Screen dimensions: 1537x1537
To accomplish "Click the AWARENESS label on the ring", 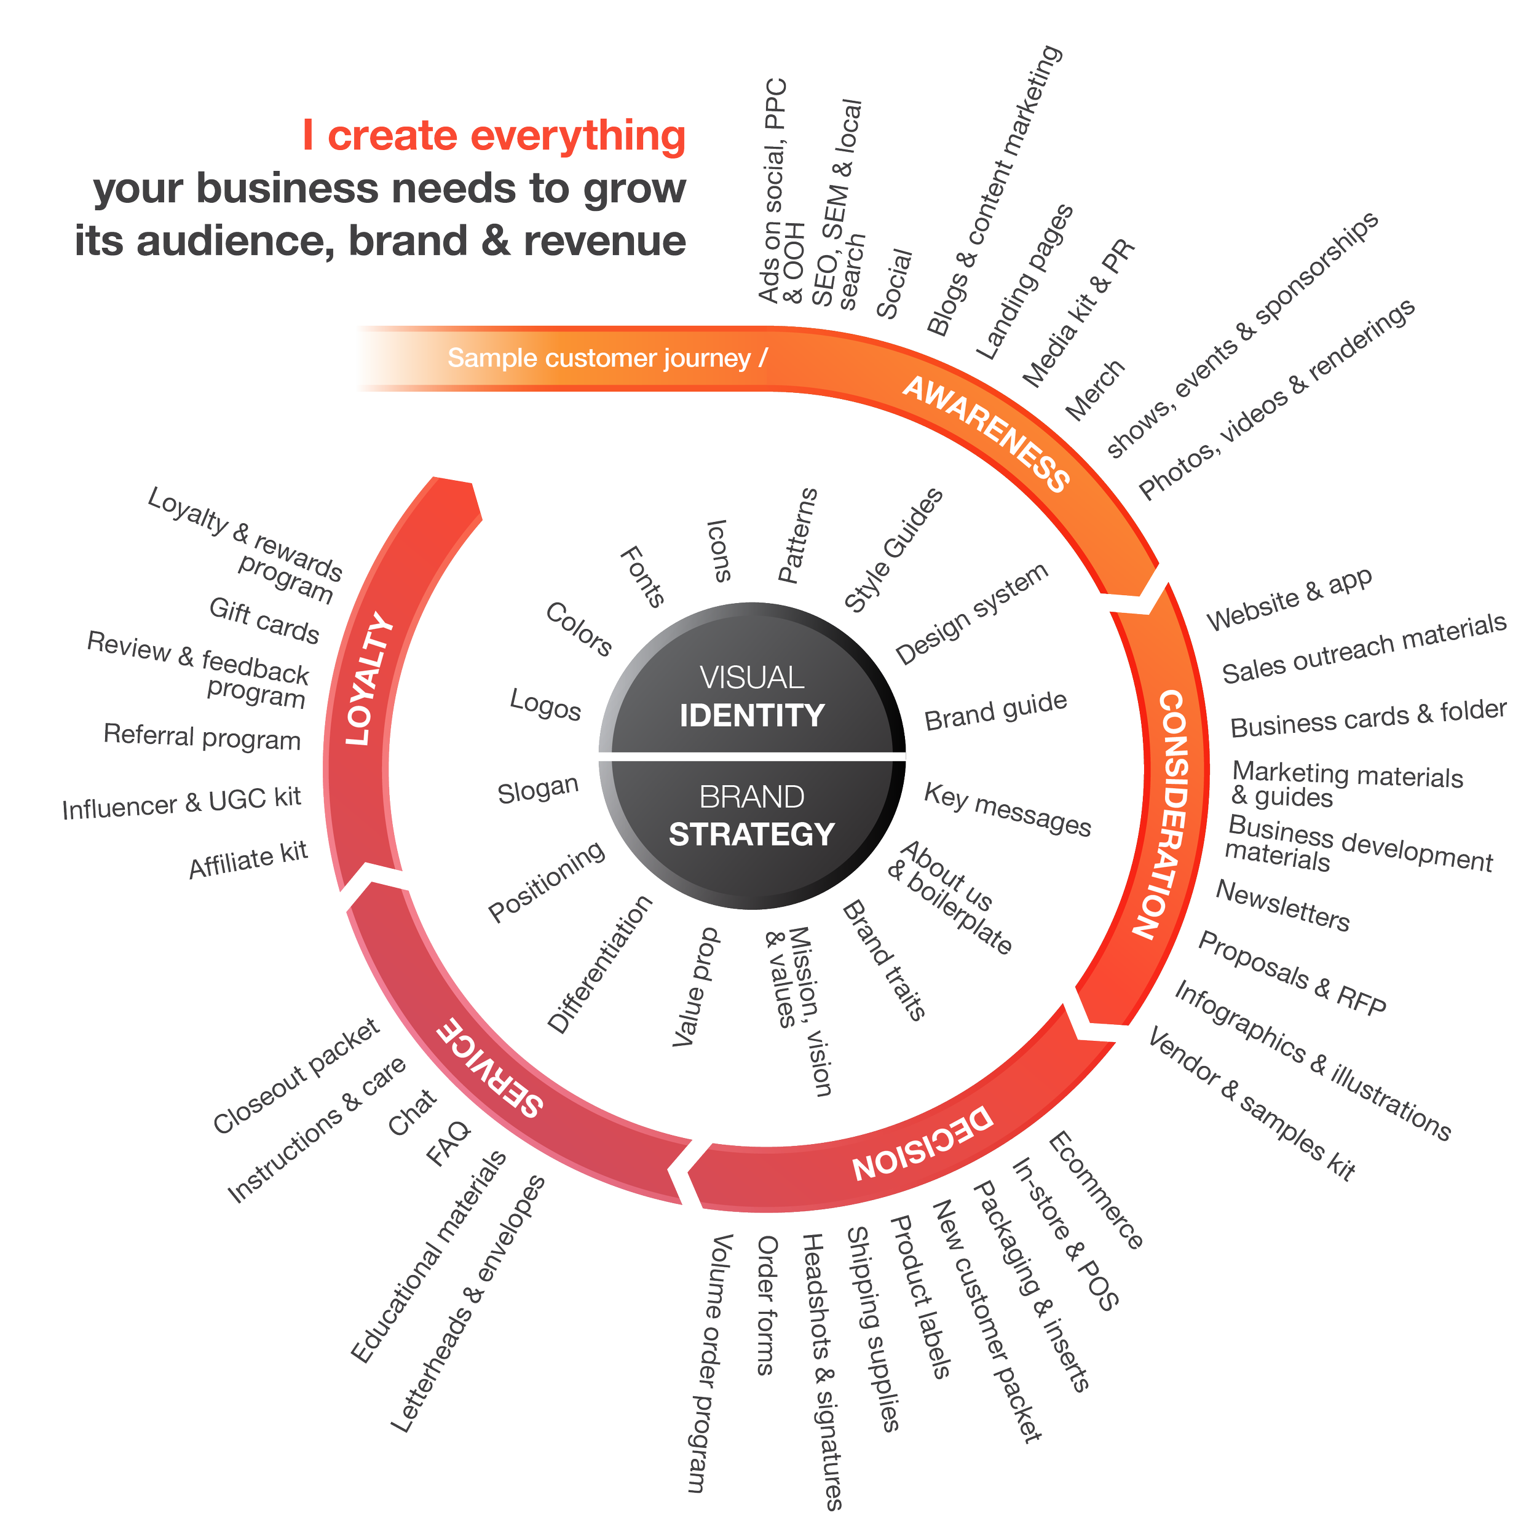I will tap(987, 433).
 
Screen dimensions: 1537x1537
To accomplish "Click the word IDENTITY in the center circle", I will tap(752, 715).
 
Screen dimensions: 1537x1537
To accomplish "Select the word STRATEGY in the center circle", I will tap(752, 834).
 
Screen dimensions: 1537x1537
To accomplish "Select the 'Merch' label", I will tap(1096, 390).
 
